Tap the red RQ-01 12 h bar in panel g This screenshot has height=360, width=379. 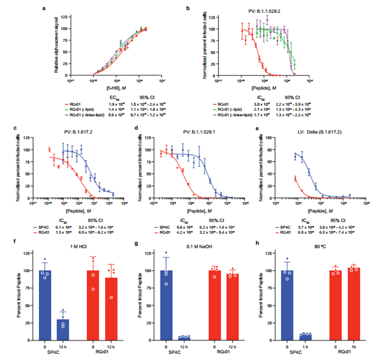230,307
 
